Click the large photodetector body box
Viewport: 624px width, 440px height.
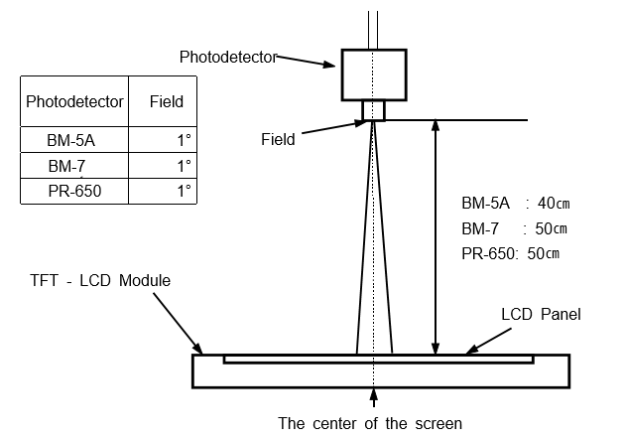coord(373,73)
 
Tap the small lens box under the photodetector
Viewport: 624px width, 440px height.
coord(373,110)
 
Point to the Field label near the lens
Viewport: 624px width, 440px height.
coord(278,140)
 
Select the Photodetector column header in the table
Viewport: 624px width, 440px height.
coord(74,101)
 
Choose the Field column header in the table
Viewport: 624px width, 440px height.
coord(166,101)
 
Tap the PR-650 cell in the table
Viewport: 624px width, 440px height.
coord(74,191)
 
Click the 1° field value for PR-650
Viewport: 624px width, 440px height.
coord(184,191)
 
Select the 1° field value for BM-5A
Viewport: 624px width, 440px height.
coord(184,140)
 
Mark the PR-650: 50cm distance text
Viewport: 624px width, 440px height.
coord(510,253)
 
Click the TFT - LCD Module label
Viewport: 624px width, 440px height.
coord(100,281)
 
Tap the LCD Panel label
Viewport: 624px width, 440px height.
coord(541,315)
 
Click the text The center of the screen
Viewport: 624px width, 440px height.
coord(369,424)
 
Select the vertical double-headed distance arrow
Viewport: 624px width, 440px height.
coord(435,238)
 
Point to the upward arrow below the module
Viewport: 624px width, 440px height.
coord(373,397)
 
